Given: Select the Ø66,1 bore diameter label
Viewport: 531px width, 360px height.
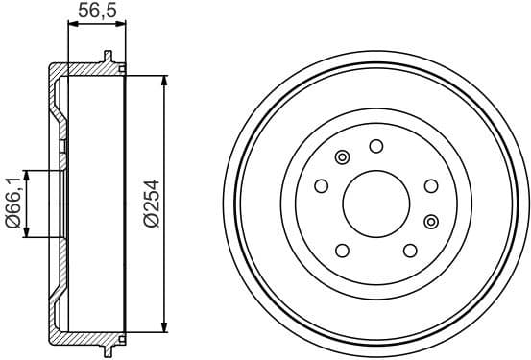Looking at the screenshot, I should click(x=13, y=204).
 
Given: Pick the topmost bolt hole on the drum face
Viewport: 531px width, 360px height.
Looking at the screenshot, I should click(x=375, y=147).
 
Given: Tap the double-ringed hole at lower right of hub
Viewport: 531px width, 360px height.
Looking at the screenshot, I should click(x=430, y=221).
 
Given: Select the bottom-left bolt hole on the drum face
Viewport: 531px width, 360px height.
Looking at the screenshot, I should click(x=342, y=251).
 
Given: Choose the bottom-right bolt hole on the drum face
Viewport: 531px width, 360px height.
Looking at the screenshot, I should click(x=410, y=251).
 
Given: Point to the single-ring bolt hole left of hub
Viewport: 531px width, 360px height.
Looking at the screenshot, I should click(x=322, y=186).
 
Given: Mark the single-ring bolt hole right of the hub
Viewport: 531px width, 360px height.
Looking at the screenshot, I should click(x=429, y=186).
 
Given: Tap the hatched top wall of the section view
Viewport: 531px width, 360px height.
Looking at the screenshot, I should click(x=86, y=69).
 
